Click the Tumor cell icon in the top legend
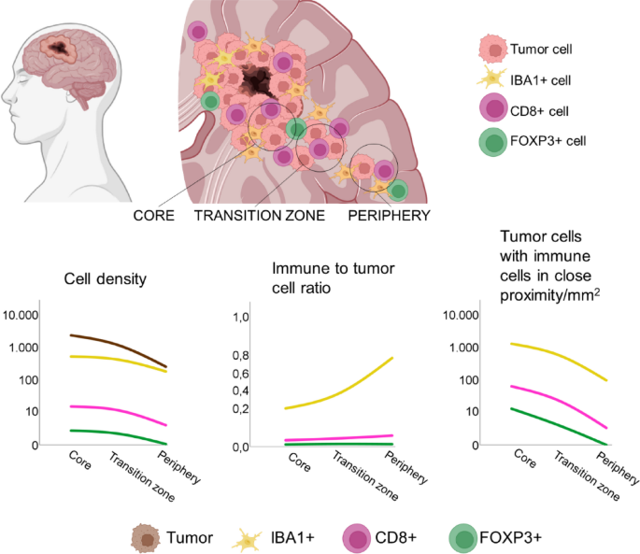491,50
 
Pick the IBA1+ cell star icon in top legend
491,80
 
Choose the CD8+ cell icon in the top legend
491,112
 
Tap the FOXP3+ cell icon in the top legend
491,143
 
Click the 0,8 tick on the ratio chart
241,356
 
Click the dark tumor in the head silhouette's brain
62,45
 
